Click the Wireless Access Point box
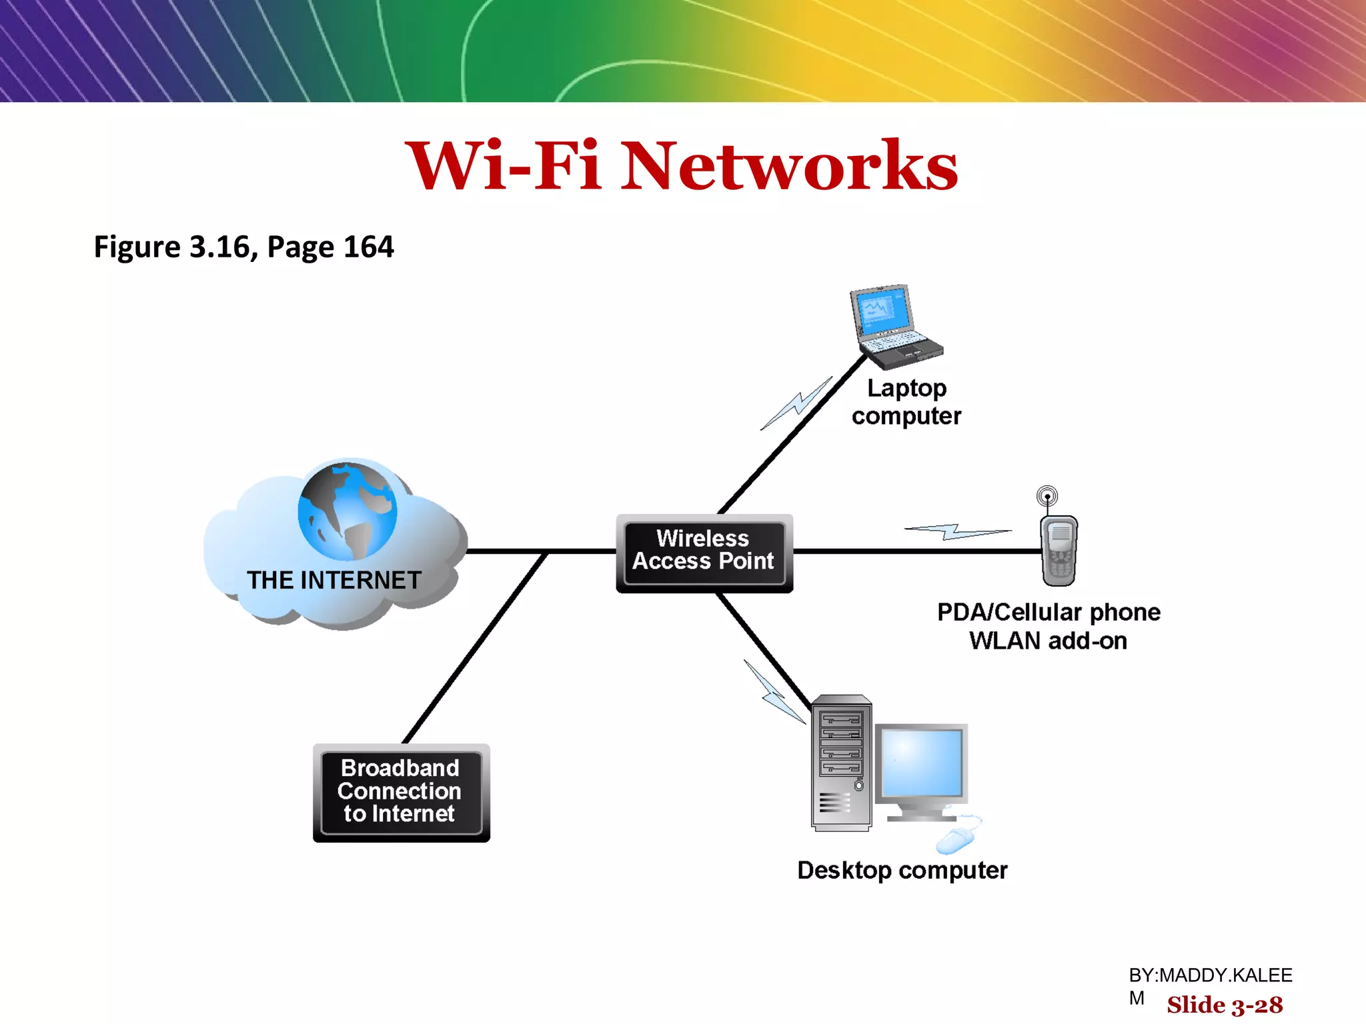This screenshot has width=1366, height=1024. click(704, 552)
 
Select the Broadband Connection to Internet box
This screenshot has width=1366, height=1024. click(401, 792)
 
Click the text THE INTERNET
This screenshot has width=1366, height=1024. click(334, 580)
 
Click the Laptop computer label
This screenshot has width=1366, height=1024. click(906, 402)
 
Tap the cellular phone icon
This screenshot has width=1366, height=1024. click(1059, 551)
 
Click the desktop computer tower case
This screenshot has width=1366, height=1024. click(841, 763)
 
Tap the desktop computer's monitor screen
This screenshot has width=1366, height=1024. click(922, 762)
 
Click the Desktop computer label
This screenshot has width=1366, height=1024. click(902, 870)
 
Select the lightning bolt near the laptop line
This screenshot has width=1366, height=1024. click(798, 403)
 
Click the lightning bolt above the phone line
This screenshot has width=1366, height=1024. click(957, 531)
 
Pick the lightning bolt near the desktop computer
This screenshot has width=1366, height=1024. click(774, 693)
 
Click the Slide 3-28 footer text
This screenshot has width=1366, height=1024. click(1225, 1005)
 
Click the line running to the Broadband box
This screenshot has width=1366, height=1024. click(475, 647)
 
